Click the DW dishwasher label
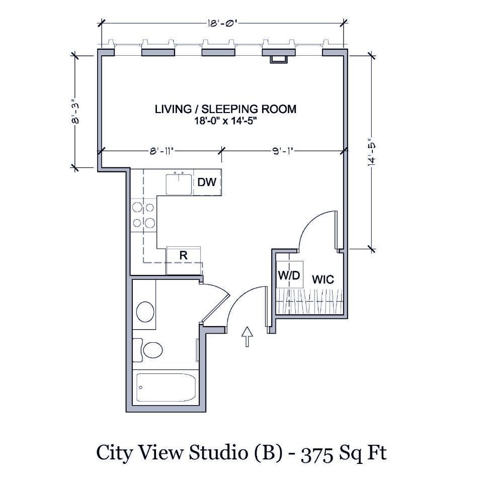[x=207, y=182]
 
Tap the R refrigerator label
[x=184, y=255]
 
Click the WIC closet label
[x=323, y=279]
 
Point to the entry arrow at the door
[x=247, y=336]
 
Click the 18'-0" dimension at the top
[x=223, y=23]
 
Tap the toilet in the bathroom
[x=150, y=349]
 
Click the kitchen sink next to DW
[x=180, y=182]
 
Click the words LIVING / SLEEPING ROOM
[x=225, y=109]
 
